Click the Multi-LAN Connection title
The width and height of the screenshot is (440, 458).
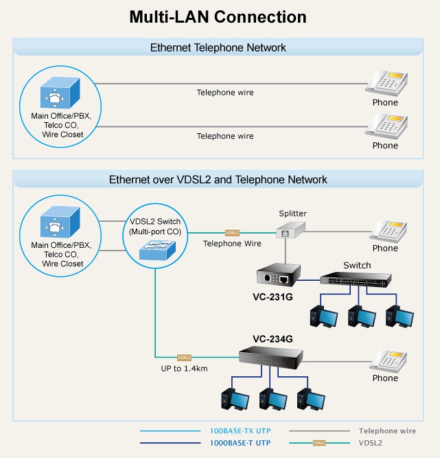coord(218,17)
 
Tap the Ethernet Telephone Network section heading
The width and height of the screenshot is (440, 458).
coord(218,47)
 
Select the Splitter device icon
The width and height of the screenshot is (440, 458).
coord(290,230)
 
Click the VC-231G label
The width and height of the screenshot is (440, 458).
coord(273,297)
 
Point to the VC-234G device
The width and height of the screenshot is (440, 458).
coord(271,358)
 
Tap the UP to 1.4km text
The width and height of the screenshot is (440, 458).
coord(184,369)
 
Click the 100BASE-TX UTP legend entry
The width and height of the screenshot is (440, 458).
coord(240,431)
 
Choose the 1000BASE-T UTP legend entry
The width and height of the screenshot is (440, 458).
coord(240,443)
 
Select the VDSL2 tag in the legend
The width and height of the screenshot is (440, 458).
coord(319,443)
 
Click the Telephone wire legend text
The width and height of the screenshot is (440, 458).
coord(387,431)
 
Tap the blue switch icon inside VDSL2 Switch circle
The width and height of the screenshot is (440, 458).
coord(157,250)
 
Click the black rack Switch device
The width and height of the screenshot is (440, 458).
coord(356,279)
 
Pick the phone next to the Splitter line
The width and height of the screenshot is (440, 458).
coord(388,231)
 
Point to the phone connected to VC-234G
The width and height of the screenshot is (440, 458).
coord(388,361)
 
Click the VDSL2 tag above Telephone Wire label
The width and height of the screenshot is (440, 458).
coord(232,233)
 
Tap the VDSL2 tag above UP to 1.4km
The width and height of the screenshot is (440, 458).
coord(184,357)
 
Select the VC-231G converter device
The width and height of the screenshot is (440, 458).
coord(279,274)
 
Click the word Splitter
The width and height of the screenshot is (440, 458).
coord(292,214)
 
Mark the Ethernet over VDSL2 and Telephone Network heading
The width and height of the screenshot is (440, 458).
coord(218,180)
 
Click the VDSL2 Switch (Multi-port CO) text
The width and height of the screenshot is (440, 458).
coord(155,227)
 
